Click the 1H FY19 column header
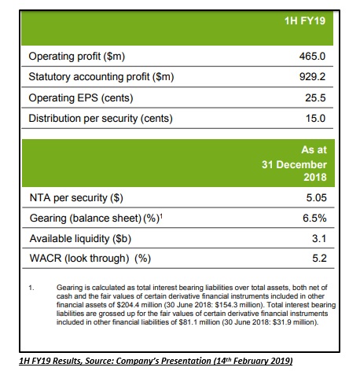[x=305, y=20]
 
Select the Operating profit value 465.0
[x=312, y=57]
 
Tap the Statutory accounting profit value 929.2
[x=312, y=77]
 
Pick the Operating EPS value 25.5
[x=315, y=97]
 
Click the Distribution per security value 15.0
[x=315, y=118]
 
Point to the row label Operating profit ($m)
[x=77, y=57]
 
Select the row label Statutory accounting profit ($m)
[x=101, y=77]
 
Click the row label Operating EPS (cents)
[x=81, y=98]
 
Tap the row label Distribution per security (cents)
[x=101, y=119]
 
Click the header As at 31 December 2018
[x=294, y=163]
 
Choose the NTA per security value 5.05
[x=317, y=197]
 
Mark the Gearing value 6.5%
[x=314, y=218]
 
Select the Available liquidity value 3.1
[x=319, y=238]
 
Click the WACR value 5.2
[x=319, y=259]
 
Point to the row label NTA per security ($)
[x=76, y=198]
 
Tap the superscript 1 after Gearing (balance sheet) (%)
[x=161, y=215]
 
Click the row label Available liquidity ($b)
[x=80, y=239]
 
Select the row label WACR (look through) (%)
[x=90, y=259]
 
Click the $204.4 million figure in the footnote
[x=139, y=305]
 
